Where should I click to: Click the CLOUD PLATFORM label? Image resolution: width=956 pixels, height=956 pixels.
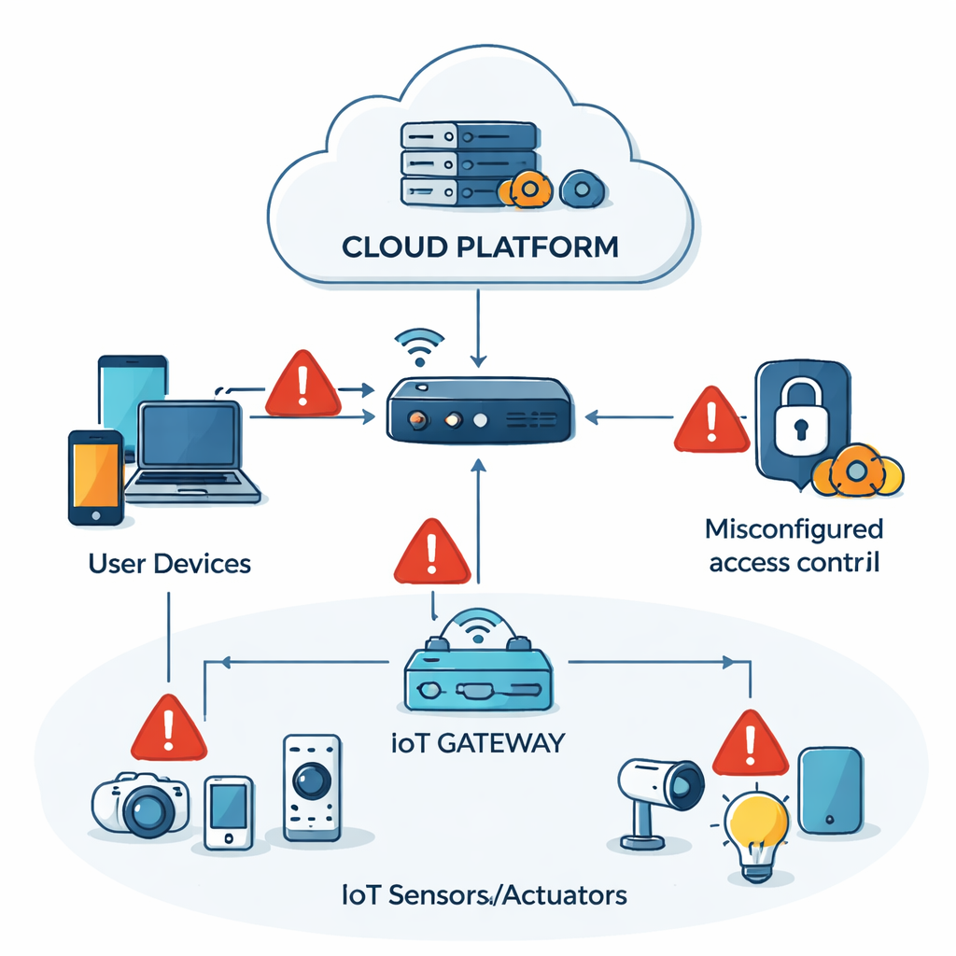[479, 247]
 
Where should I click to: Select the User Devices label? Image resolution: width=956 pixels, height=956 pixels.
[169, 564]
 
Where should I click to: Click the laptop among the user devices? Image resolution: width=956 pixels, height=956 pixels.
[190, 453]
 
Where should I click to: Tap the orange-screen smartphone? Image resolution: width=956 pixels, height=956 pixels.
[95, 476]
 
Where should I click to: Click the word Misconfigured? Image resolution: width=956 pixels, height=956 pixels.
[794, 529]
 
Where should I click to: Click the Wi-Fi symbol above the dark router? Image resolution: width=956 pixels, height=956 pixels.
[418, 346]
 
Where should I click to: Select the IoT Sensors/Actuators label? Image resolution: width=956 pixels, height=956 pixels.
[483, 895]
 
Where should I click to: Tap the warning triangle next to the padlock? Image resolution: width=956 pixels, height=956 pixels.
[711, 423]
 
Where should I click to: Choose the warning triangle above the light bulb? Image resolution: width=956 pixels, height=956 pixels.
[750, 745]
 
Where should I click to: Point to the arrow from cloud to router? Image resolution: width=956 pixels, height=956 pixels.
[478, 327]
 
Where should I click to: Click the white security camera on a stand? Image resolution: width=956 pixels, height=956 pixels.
[658, 794]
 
